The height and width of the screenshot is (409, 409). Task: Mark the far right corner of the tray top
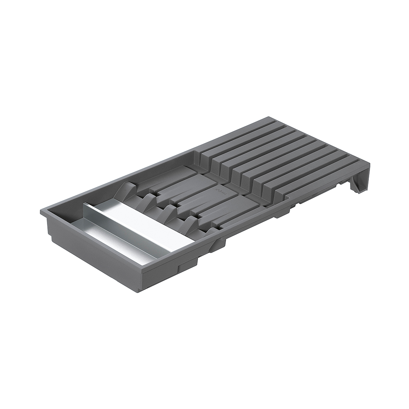(x=369, y=164)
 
